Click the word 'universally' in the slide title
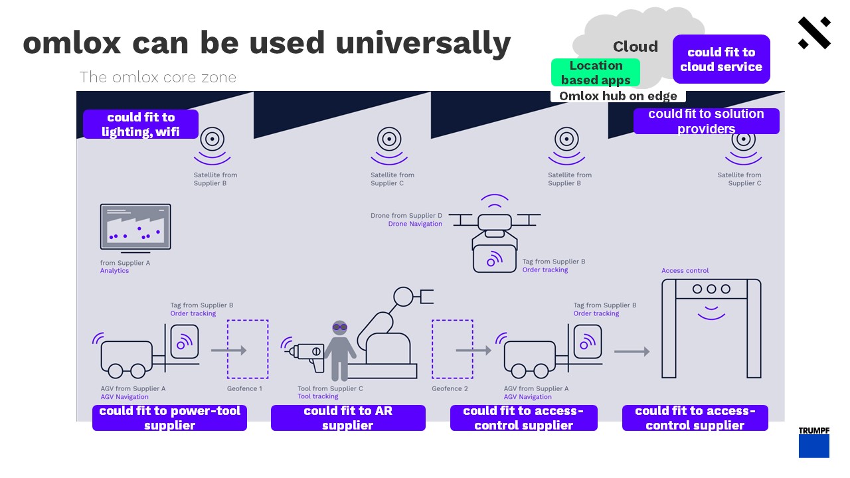point(423,42)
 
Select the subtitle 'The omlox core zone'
point(157,77)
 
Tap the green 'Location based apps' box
point(595,72)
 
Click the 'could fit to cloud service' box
point(721,59)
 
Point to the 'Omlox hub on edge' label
point(618,96)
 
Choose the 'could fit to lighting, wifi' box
point(140,124)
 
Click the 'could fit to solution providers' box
point(706,121)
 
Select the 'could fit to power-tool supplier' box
point(169,418)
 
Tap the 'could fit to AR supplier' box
point(348,418)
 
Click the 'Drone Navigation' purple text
point(415,224)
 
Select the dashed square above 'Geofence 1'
point(248,349)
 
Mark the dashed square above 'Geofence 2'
point(452,349)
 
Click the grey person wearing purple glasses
point(340,349)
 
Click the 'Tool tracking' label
point(317,397)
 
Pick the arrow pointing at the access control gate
point(632,351)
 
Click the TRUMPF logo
point(813,442)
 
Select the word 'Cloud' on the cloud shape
point(635,46)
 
